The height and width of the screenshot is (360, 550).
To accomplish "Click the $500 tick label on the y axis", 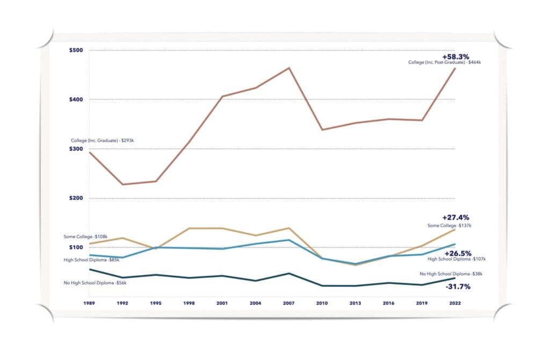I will click(x=76, y=51).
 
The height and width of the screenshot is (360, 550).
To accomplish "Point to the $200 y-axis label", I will click(x=76, y=198).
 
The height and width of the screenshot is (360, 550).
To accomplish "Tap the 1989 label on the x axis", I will click(x=90, y=303).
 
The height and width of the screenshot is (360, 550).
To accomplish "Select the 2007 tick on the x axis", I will click(x=289, y=303).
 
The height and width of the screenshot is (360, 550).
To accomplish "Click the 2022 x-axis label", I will click(x=455, y=303).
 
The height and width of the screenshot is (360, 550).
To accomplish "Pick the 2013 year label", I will click(x=356, y=303).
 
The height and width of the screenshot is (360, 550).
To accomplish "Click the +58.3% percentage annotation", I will click(x=455, y=56).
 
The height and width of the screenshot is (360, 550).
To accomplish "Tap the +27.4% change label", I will click(x=455, y=218).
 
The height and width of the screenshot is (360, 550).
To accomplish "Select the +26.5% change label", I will click(x=458, y=253).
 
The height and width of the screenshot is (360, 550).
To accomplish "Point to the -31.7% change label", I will click(x=458, y=286).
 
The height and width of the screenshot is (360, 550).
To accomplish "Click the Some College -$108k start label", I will click(x=85, y=236).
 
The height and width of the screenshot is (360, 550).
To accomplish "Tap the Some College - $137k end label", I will click(x=449, y=225).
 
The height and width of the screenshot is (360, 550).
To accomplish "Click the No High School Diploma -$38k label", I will click(x=451, y=273).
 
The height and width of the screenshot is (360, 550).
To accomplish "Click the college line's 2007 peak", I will click(x=289, y=68).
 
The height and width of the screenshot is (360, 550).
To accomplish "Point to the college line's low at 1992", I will click(x=123, y=184).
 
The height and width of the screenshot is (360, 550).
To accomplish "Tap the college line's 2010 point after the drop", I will click(x=322, y=129).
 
